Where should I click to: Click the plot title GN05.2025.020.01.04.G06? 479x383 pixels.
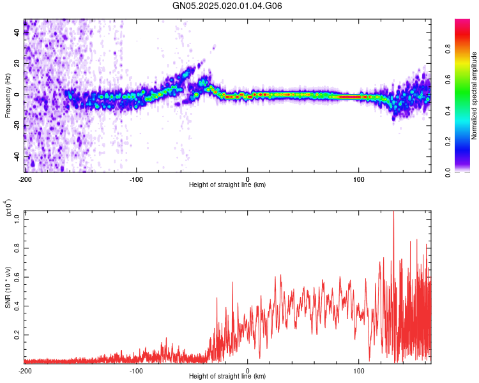[227, 6]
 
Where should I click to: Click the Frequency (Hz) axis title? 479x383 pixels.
[8, 95]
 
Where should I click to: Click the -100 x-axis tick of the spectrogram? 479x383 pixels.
[135, 178]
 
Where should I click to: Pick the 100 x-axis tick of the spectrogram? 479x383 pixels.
[359, 178]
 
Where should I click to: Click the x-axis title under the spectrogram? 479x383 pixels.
[227, 185]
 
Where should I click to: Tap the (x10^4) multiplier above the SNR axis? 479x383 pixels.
[8, 208]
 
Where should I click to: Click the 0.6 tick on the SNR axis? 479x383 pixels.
[17, 276]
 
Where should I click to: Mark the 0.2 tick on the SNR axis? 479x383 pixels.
[17, 334]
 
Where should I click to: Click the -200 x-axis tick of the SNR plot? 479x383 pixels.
[24, 370]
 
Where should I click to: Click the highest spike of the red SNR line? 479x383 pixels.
[393, 212]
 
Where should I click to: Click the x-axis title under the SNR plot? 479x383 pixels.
[227, 377]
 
